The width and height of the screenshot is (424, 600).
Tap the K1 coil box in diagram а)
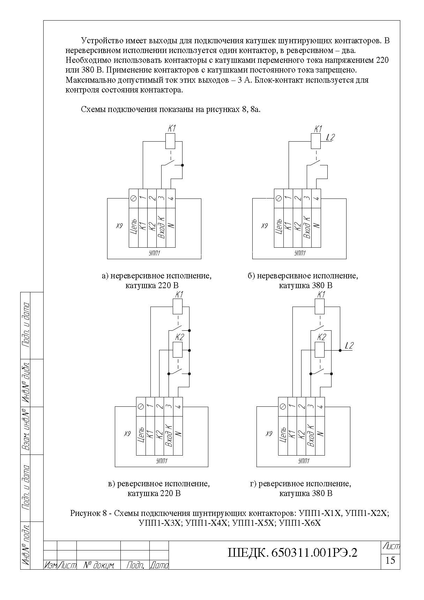170,142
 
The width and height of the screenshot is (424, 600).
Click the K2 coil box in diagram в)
178,350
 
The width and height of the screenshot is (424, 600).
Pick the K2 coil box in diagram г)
320,350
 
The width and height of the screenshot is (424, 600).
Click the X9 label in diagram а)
119,226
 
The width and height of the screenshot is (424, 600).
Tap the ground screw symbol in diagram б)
278,198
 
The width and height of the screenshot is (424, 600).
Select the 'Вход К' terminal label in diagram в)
169,435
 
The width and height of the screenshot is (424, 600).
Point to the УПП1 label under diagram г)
303,461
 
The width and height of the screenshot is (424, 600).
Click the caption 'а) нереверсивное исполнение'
157,276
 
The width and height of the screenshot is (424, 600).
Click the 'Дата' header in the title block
159,565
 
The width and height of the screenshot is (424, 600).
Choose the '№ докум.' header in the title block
99,565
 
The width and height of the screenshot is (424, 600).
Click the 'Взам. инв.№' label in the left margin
25,430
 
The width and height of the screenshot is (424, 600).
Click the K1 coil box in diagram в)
178,307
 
